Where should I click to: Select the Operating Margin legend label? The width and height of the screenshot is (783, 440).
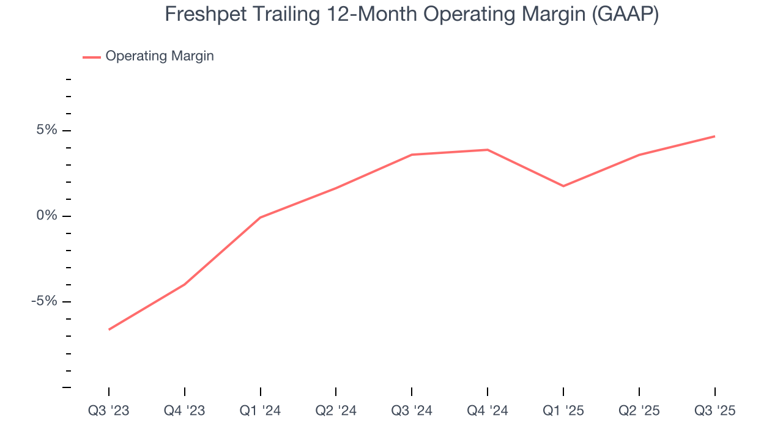point(160,56)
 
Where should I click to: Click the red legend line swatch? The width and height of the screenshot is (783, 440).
point(92,57)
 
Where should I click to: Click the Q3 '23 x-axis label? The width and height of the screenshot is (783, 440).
point(109,411)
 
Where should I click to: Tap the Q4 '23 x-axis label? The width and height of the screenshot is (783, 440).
point(185,411)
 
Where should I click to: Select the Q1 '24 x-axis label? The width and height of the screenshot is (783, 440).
point(261,411)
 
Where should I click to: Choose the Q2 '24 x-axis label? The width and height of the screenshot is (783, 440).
point(336,411)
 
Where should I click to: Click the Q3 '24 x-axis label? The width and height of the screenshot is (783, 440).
point(412,411)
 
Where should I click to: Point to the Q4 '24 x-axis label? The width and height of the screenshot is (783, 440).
point(488,411)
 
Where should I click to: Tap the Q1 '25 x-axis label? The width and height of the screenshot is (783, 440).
point(563,411)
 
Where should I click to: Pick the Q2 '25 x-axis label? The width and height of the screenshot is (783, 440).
point(639,411)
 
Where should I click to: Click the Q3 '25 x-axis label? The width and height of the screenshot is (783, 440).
point(714,411)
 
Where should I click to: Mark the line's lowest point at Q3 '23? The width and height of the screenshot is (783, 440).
point(109,329)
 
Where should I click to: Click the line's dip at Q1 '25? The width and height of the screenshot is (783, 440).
point(563,186)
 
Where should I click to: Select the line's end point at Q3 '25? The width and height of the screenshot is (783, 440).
point(714,136)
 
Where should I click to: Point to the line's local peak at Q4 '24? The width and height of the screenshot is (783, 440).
point(488,150)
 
